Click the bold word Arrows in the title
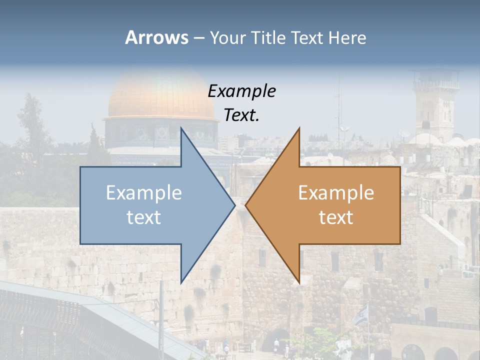156,37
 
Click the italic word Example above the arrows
241,91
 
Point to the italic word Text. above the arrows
241,115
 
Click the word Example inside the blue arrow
144,192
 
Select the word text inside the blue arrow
144,217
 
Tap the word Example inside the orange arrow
336,192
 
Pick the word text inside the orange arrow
336,217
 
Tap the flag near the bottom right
361,315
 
